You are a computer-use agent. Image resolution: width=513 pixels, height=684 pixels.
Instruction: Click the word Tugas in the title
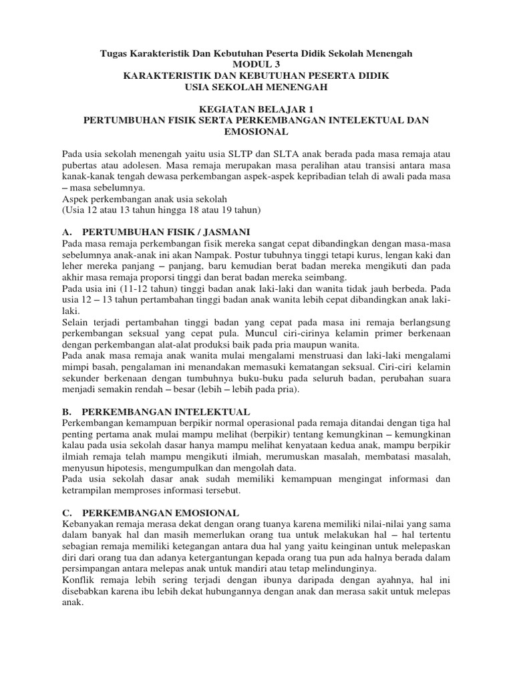pos(113,52)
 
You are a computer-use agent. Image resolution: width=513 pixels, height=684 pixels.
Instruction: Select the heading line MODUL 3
pos(256,63)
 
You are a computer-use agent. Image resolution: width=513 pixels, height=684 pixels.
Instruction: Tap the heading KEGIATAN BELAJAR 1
pos(256,109)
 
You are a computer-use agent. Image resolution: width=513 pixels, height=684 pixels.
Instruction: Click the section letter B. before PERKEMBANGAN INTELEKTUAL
pos(66,412)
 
